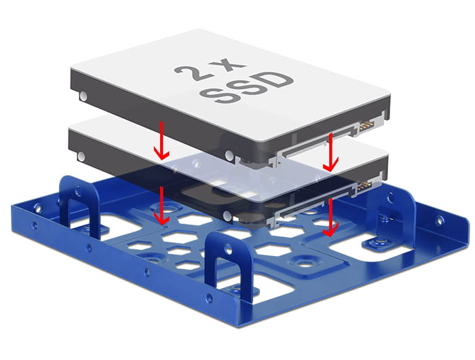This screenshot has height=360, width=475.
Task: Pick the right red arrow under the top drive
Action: click(331, 152)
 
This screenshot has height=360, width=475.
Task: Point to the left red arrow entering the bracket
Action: click(161, 207)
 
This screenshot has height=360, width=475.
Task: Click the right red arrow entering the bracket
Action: click(331, 218)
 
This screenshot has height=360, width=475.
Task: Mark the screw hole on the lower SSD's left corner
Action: click(83, 154)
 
